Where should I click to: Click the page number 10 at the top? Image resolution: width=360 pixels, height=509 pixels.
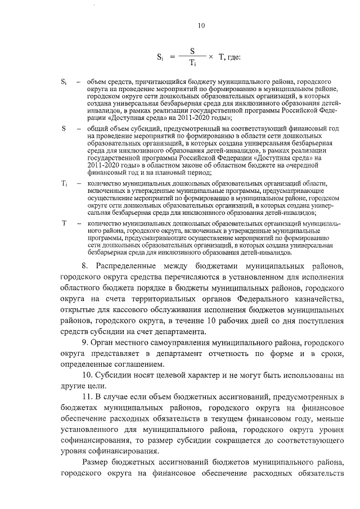pyautogui.click(x=202, y=25)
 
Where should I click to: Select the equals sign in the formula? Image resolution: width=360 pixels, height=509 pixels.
pyautogui.click(x=172, y=56)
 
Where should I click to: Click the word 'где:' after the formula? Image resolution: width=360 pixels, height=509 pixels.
pyautogui.click(x=233, y=56)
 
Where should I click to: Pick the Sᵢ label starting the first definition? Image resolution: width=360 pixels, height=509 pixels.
pyautogui.click(x=64, y=82)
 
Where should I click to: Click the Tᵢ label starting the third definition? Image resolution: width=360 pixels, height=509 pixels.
pyautogui.click(x=64, y=184)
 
